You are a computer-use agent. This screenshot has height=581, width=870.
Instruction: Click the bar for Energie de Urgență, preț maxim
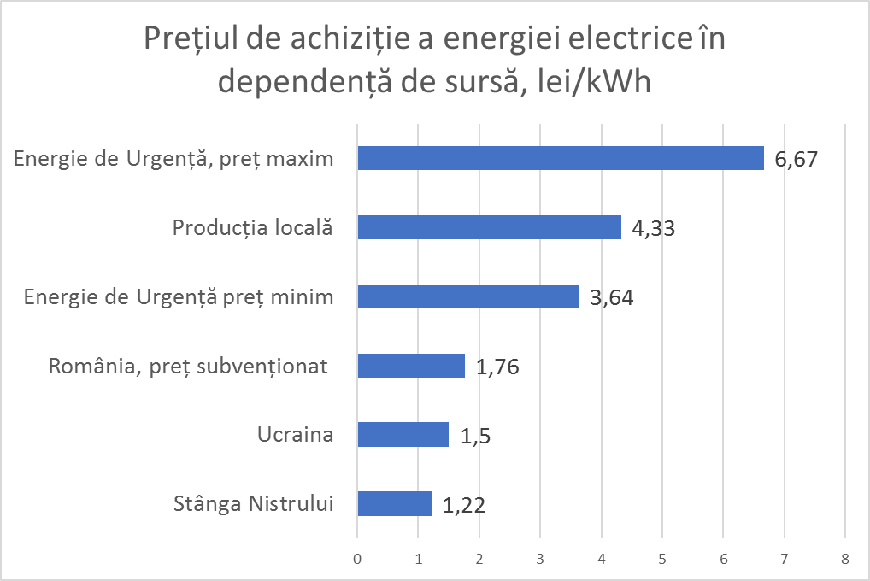(560, 158)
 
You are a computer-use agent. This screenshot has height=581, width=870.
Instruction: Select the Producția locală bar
(489, 227)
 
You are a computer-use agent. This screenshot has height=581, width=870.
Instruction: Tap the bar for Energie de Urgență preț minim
(467, 296)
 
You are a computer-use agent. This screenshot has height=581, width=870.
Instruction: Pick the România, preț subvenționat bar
(410, 366)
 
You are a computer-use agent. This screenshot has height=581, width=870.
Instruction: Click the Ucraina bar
(403, 435)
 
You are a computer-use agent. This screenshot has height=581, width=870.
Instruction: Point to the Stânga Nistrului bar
(394, 504)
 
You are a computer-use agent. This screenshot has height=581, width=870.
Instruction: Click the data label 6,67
(797, 160)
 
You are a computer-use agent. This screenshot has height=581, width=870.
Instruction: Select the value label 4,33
(654, 229)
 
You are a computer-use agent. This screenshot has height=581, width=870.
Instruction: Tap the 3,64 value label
(612, 298)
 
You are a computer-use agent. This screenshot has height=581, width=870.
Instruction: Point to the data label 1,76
(497, 367)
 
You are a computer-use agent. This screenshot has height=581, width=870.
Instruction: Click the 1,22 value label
(464, 506)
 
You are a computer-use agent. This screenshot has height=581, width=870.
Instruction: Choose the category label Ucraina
(295, 435)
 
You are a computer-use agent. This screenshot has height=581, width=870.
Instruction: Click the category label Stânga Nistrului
(252, 504)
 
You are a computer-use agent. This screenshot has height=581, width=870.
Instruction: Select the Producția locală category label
(252, 227)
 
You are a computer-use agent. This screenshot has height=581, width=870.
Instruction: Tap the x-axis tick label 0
(357, 559)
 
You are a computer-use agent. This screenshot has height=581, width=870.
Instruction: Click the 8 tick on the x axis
(844, 559)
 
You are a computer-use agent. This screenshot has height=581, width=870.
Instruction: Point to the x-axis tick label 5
(661, 559)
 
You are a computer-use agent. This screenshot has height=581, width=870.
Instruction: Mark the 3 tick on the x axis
(540, 559)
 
